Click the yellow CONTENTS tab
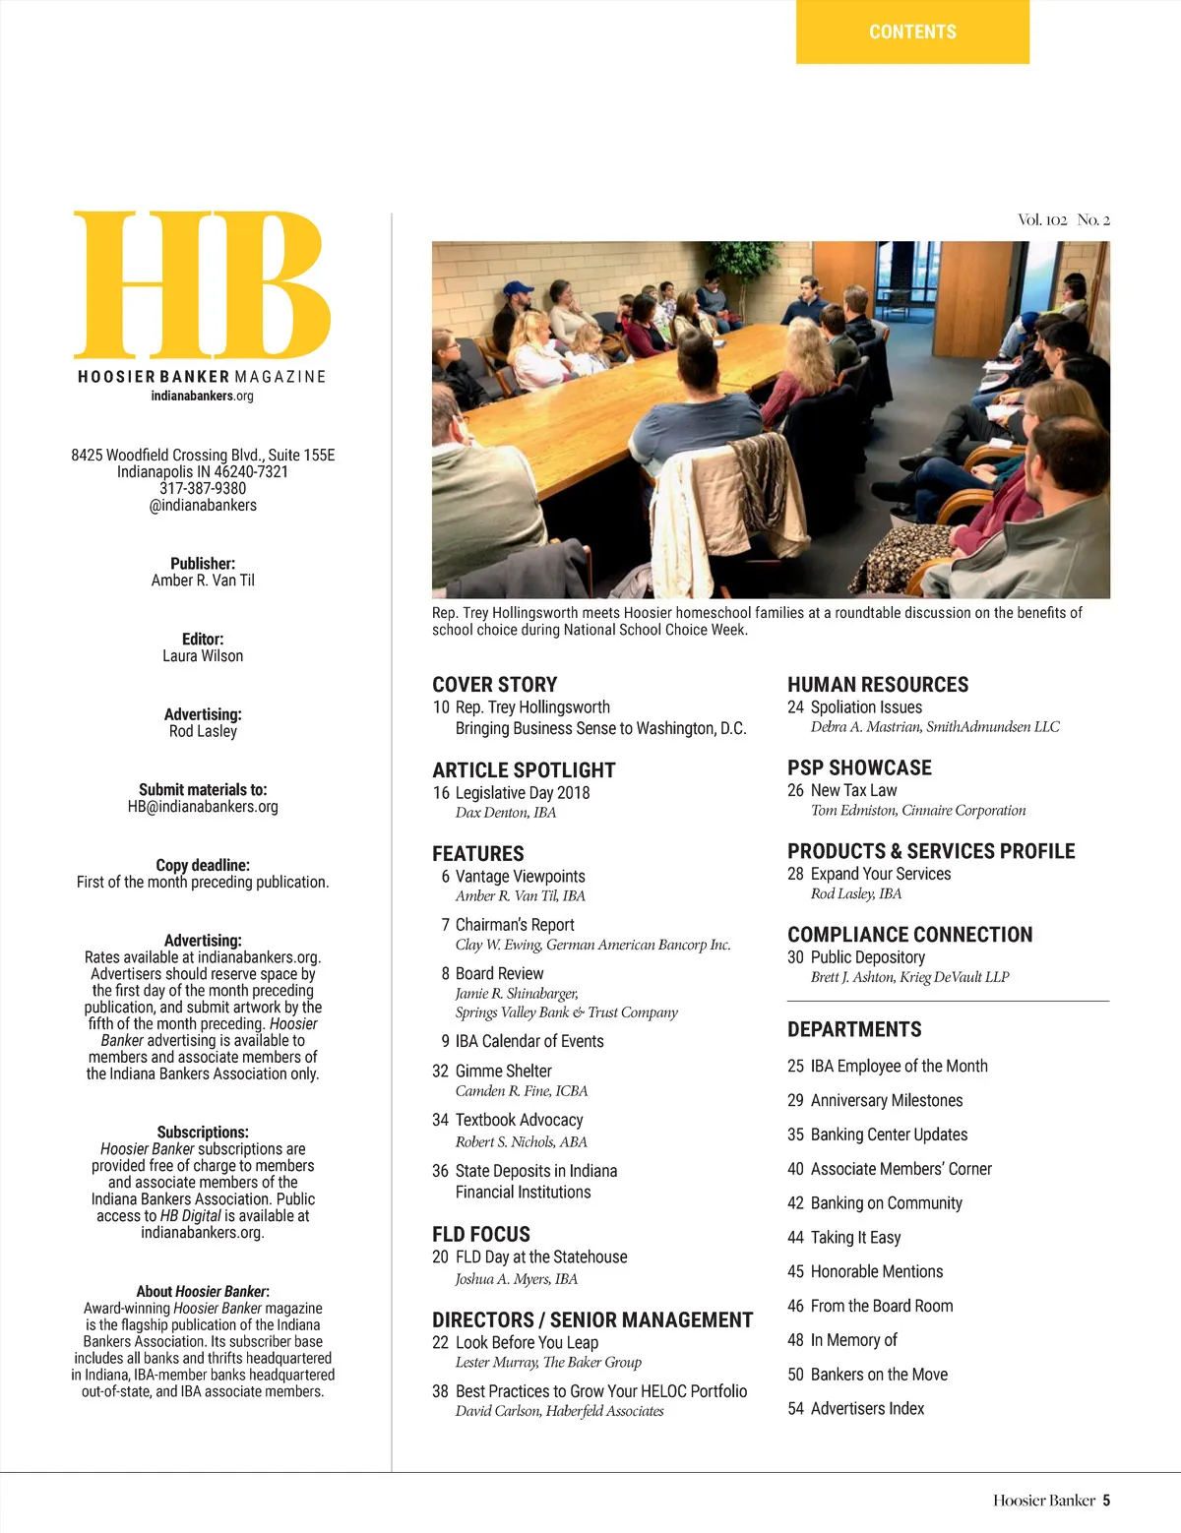(x=912, y=31)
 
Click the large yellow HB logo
(x=202, y=284)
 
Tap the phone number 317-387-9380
(x=203, y=488)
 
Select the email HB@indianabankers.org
(x=203, y=807)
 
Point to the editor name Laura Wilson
(x=203, y=656)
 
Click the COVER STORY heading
(x=494, y=685)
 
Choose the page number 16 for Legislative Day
(x=441, y=793)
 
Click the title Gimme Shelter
(x=503, y=1071)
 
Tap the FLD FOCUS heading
(x=480, y=1234)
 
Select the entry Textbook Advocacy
(x=519, y=1120)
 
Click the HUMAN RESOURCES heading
(x=877, y=685)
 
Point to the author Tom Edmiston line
(x=917, y=811)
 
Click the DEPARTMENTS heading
(x=854, y=1029)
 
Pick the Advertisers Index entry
(x=867, y=1409)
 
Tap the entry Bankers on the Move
(x=879, y=1375)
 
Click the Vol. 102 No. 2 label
(x=1063, y=219)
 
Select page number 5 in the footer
(x=1106, y=1501)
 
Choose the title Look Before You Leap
(x=527, y=1342)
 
